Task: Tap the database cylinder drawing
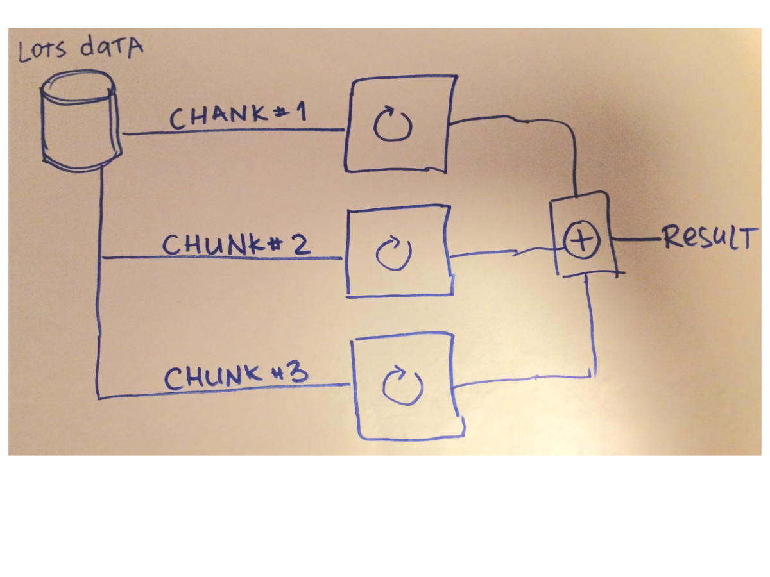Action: [80, 122]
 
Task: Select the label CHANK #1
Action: [238, 116]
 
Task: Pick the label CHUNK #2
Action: [236, 244]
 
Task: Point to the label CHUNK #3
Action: [236, 377]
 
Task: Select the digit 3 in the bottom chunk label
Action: [296, 374]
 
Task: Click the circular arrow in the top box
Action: [392, 124]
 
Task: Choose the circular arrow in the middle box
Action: [393, 253]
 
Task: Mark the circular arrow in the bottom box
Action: [402, 386]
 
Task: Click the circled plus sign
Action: [581, 240]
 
